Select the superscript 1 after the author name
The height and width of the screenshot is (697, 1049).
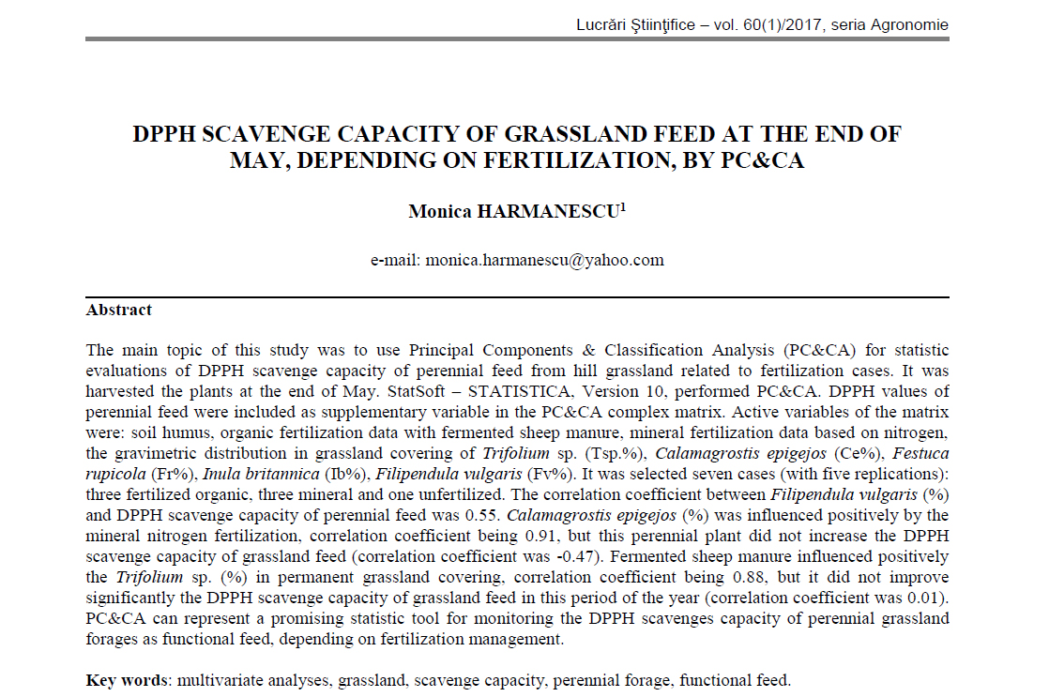tap(623, 207)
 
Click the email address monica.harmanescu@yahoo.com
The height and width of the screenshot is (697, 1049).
tap(544, 260)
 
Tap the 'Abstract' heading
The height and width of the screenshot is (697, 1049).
tap(119, 310)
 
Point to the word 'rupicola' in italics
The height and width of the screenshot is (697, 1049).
tap(114, 473)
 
